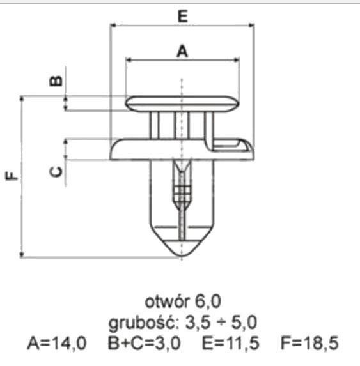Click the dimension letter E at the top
tap(182, 17)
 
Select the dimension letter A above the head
tap(182, 51)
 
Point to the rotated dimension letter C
tap(56, 172)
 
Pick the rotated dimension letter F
tap(12, 176)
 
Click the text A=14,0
tap(57, 344)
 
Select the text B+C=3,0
tap(144, 344)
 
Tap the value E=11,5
tap(231, 344)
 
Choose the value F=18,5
tap(309, 344)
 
